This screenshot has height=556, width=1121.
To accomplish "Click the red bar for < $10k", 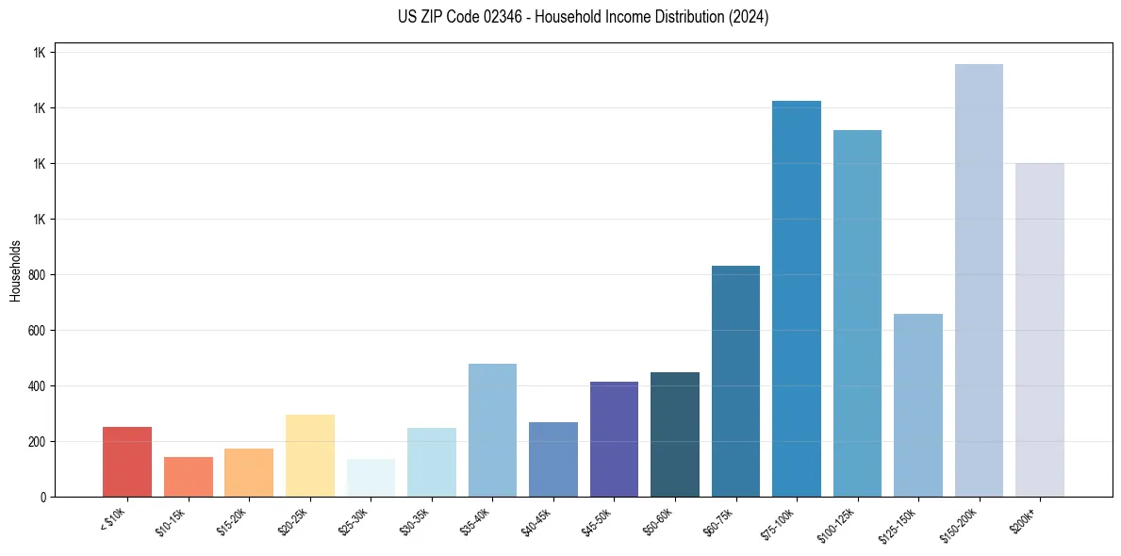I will coord(127,462).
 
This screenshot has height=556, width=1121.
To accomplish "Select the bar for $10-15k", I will coord(189,477).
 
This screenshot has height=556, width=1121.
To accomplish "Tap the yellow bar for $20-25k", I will coord(310,456).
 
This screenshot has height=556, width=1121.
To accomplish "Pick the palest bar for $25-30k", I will coord(371,478).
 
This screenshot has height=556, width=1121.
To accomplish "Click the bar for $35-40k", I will coord(492,430).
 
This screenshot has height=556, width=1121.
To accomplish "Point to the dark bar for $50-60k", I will coord(675,434).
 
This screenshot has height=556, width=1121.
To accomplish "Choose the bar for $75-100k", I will coord(797,299).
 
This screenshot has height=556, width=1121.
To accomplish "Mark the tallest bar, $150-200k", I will coord(979,280).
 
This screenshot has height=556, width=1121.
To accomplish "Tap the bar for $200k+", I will coord(1040,330).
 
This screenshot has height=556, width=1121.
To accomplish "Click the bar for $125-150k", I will coord(918,405).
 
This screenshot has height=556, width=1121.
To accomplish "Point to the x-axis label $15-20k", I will coord(233,520).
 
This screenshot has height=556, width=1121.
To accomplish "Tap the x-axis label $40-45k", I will coord(536,520).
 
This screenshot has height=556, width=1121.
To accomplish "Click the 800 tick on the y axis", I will coord(36,275).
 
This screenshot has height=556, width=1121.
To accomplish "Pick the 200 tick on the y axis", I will coord(36,442).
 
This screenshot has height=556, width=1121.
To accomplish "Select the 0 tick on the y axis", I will coord(42,497).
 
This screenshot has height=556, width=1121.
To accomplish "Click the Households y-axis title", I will coord(15,270).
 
